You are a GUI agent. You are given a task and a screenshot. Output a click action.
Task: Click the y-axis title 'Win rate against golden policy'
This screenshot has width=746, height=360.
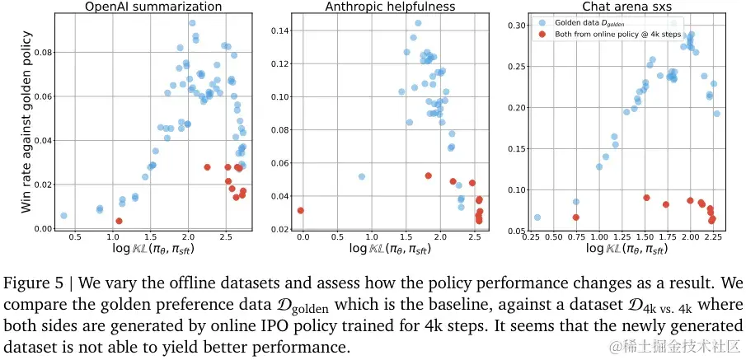pyautogui.click(x=26, y=122)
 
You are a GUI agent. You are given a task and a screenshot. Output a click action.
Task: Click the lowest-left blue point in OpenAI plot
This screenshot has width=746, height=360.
pyautogui.click(x=63, y=216)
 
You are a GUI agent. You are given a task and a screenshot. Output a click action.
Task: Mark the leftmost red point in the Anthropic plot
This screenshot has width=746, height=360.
pyautogui.click(x=301, y=210)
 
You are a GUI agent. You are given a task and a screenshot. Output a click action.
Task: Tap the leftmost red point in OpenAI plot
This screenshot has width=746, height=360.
pyautogui.click(x=119, y=221)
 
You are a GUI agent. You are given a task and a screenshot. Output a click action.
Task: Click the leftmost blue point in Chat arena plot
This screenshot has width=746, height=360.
pyautogui.click(x=537, y=217)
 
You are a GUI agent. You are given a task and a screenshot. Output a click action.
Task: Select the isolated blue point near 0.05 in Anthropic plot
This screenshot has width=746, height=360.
pyautogui.click(x=361, y=176)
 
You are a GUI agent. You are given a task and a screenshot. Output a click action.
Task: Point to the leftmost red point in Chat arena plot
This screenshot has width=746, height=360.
pyautogui.click(x=576, y=217)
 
